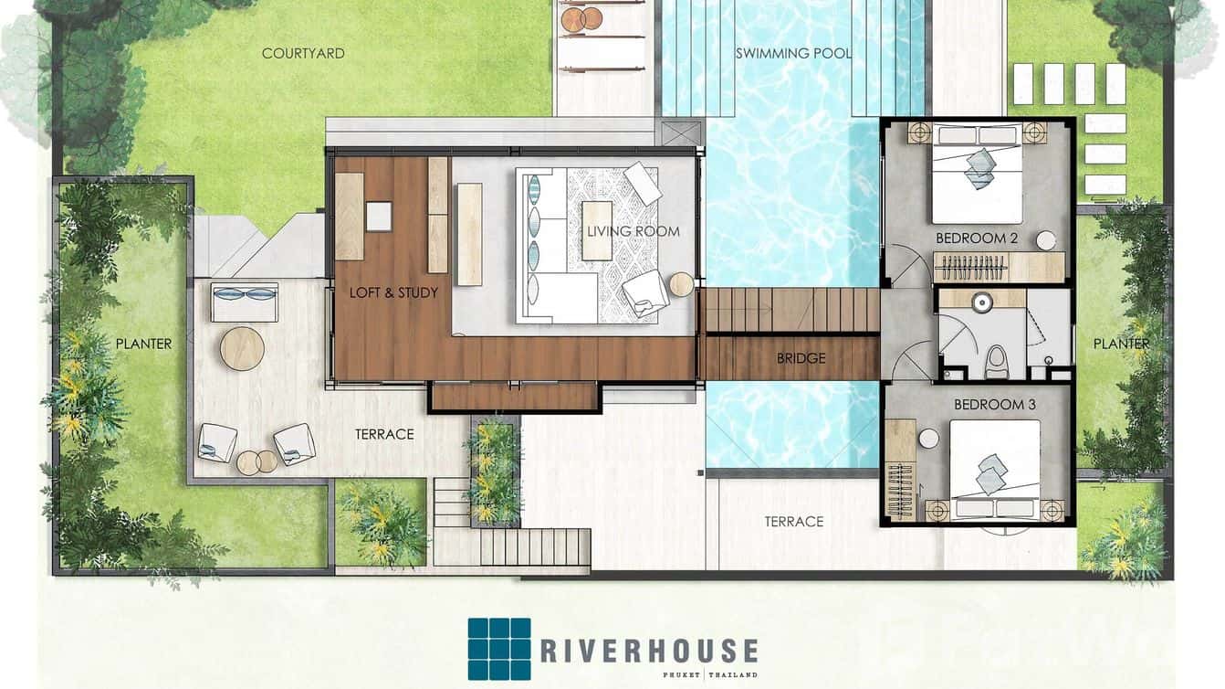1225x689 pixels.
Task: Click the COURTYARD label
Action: [x=303, y=54]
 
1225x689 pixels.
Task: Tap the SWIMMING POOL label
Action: [x=793, y=54]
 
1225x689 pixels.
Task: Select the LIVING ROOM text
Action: [x=633, y=231]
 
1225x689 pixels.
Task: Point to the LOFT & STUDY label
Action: [x=393, y=292]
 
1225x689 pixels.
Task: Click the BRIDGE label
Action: [x=801, y=358]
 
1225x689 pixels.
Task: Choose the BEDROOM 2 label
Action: [x=977, y=238]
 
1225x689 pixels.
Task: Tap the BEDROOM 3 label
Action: [x=995, y=405]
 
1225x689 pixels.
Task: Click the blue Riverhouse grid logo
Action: [x=499, y=649]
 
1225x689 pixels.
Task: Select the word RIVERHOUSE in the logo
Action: [x=649, y=651]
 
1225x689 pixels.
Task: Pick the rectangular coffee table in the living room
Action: [x=597, y=231]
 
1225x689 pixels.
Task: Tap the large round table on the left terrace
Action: [x=242, y=349]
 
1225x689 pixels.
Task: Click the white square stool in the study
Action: [x=379, y=217]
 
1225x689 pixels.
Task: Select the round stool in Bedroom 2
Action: [x=1046, y=241]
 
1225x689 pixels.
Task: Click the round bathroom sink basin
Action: [x=983, y=302]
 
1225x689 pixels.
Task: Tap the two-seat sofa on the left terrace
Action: [x=245, y=302]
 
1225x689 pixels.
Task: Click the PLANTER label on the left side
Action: [x=144, y=344]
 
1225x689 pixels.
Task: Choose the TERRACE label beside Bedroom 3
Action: [x=794, y=522]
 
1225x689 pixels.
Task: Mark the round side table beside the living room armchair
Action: [x=681, y=284]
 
